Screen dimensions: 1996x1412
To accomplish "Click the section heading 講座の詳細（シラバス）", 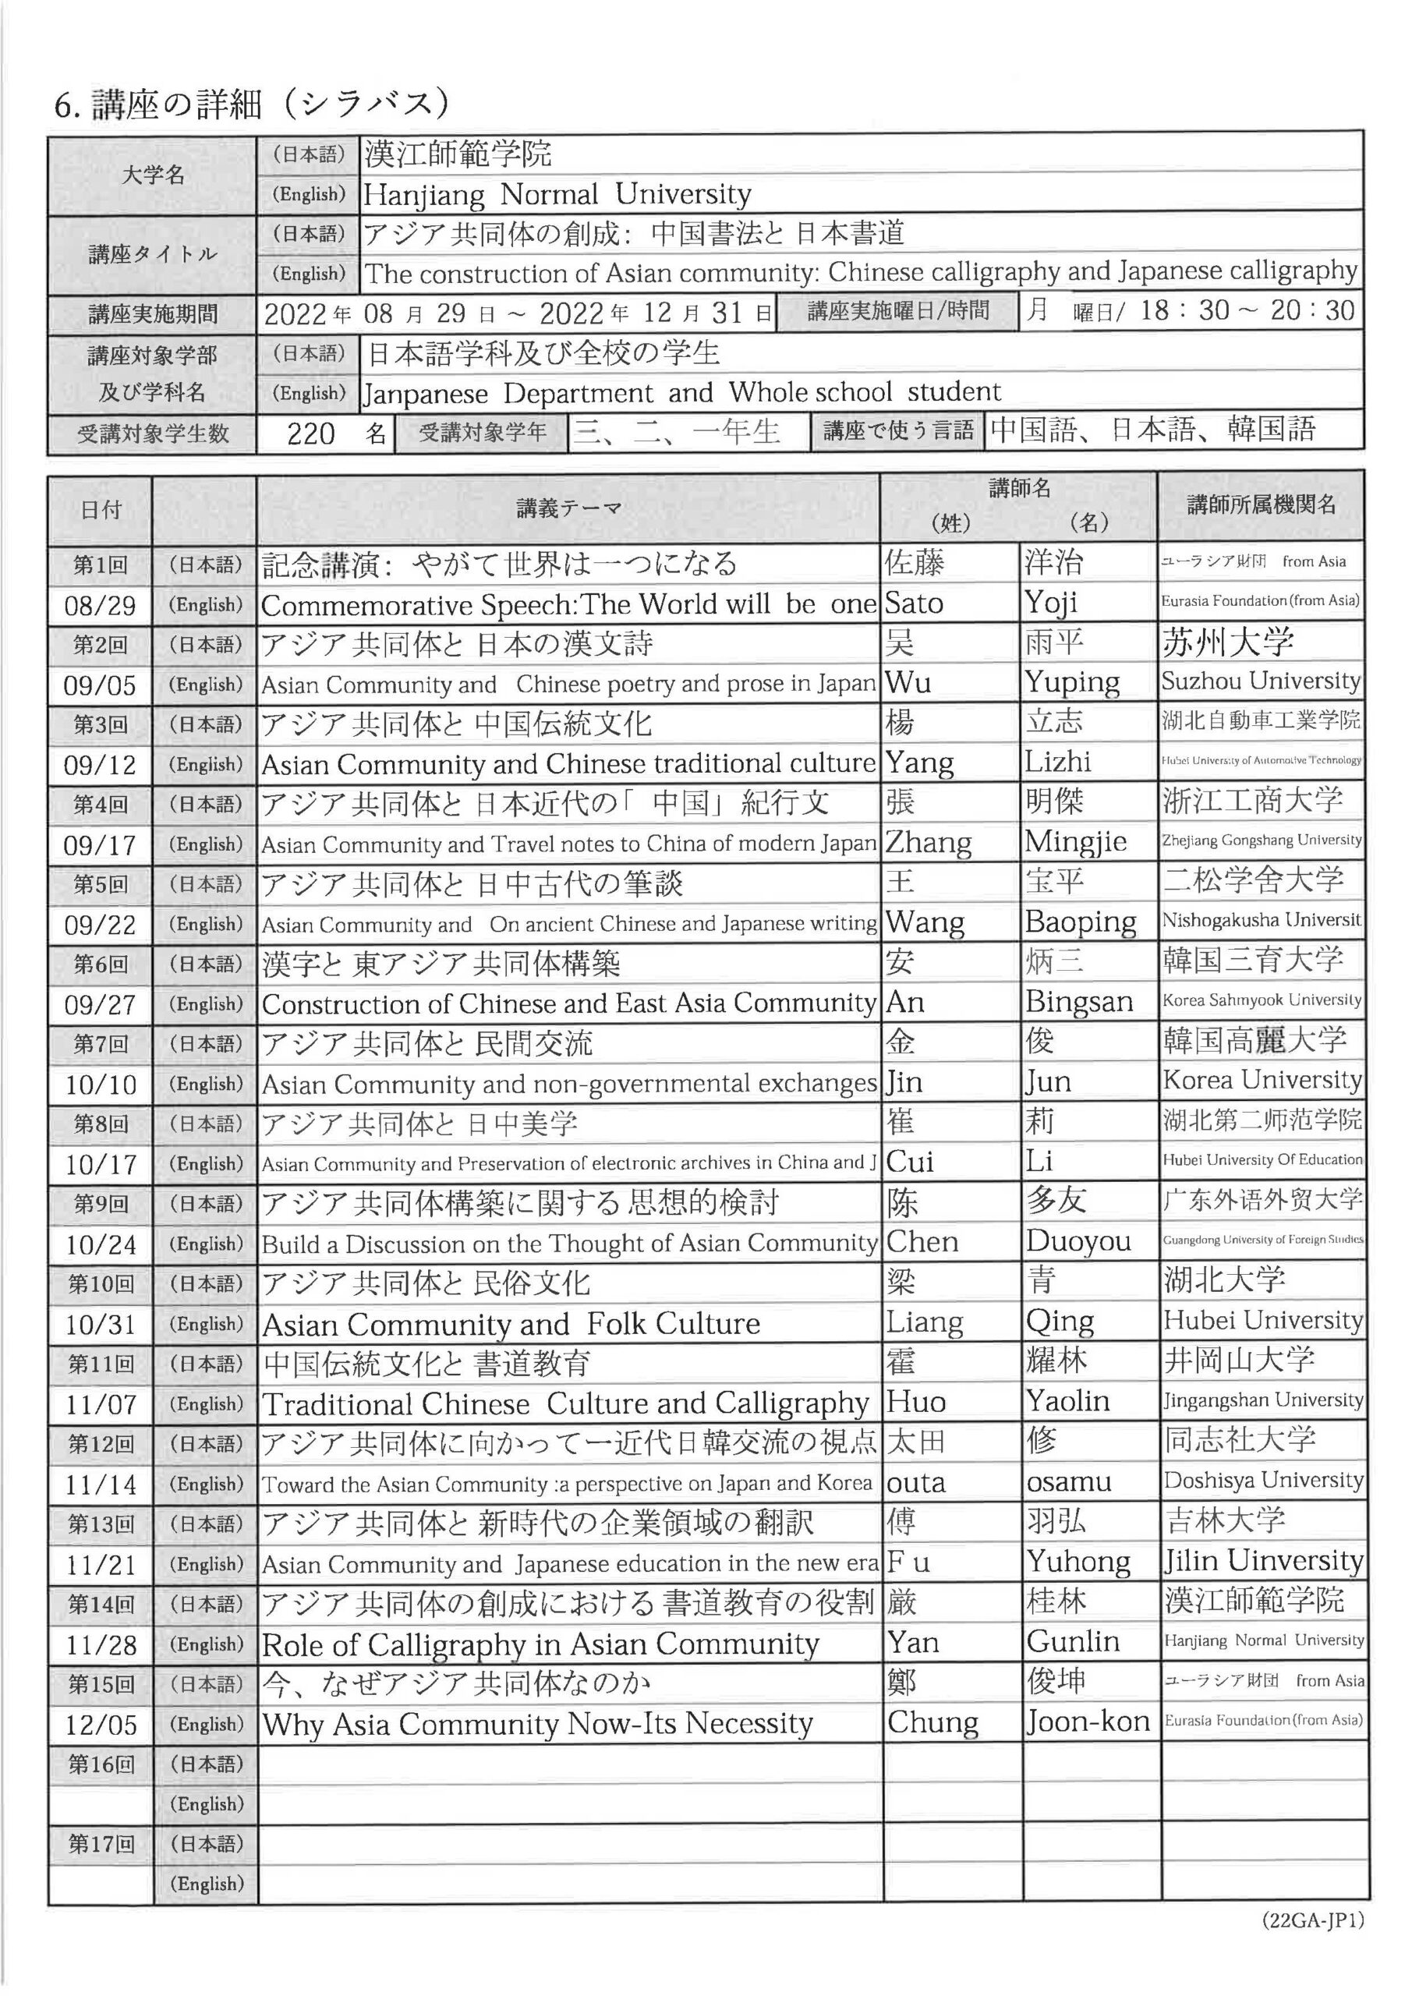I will (252, 105).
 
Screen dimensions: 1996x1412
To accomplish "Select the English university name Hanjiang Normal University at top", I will (557, 194).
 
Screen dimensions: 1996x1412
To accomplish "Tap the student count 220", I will (311, 433).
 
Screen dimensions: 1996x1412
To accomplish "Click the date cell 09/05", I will (100, 686).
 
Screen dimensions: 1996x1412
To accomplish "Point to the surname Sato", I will (914, 603).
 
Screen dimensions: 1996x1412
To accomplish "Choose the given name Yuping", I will (1072, 683).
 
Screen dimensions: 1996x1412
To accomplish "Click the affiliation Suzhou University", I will (1261, 681).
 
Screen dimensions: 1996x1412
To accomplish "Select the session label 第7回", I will (100, 1044).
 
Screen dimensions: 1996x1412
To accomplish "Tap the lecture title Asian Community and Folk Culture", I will (511, 1324).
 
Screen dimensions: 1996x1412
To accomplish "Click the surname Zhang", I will (929, 842).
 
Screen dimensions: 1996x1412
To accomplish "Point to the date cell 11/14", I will (101, 1485).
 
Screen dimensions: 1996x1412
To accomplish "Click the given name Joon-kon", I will (1088, 1722).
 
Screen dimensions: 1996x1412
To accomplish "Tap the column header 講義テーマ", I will (568, 508).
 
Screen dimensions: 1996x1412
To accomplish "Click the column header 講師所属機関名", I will (1262, 504).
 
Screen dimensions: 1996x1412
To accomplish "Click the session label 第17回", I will (101, 1844).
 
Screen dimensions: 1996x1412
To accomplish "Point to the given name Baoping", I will (1081, 922).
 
